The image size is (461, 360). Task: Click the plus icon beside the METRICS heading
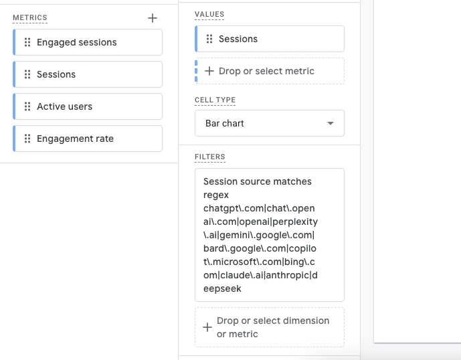pos(153,18)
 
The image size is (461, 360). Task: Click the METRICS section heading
pos(30,17)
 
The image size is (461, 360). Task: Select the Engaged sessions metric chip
pos(88,42)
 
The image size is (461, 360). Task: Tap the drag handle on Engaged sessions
pos(27,42)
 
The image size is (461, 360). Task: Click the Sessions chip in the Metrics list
pos(88,74)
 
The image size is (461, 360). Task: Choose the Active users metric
pos(88,106)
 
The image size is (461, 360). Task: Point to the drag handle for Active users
pos(27,106)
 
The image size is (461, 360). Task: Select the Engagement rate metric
pos(88,139)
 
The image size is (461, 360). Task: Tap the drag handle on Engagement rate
pos(27,139)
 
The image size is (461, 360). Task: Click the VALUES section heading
pos(209,14)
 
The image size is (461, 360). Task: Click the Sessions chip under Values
pos(270,39)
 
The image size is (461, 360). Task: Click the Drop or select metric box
pos(270,71)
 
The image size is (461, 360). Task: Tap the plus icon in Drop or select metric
pos(209,71)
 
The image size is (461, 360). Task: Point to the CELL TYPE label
pos(215,100)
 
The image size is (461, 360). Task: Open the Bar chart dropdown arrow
pos(331,123)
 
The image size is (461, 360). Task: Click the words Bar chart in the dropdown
pos(225,123)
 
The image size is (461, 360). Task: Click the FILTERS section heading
pos(210,157)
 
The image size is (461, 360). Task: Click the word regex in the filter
pos(216,195)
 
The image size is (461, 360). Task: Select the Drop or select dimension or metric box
pos(270,327)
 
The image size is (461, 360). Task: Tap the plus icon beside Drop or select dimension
pos(207,327)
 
